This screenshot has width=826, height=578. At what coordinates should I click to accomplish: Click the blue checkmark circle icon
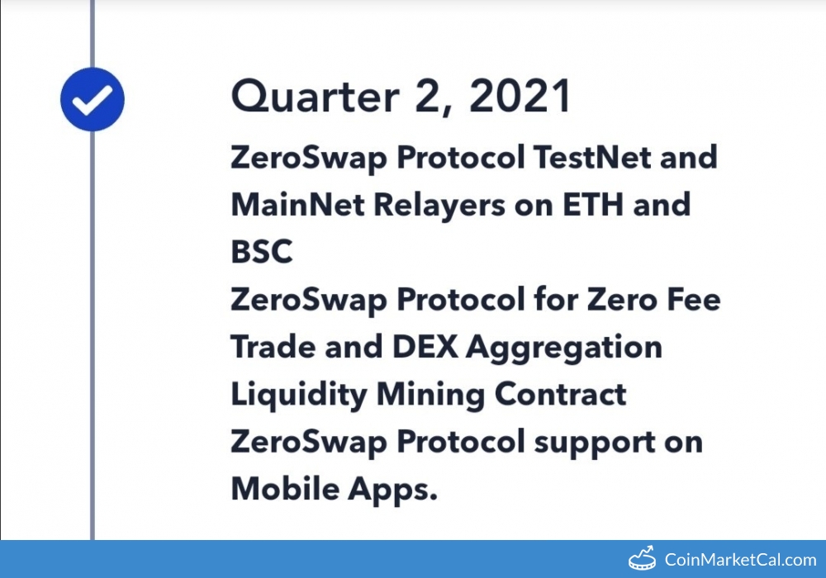(93, 99)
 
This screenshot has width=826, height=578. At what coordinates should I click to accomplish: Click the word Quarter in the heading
(315, 96)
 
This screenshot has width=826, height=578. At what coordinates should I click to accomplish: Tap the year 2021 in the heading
(520, 96)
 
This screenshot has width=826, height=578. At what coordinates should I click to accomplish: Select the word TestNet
(592, 157)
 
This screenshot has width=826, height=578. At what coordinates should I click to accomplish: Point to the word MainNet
(297, 204)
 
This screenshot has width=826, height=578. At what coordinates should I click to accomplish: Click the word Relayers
(439, 206)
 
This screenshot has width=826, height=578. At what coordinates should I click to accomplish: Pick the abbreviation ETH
(593, 204)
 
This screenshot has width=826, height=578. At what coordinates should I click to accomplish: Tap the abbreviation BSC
(262, 252)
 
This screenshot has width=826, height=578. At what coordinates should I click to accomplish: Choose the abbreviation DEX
(425, 346)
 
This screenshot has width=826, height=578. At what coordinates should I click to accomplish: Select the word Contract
(561, 394)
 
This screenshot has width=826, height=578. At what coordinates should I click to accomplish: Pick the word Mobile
(285, 489)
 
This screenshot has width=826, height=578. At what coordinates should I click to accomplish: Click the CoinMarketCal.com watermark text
(740, 560)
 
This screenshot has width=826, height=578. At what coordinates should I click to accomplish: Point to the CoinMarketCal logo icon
(642, 558)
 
